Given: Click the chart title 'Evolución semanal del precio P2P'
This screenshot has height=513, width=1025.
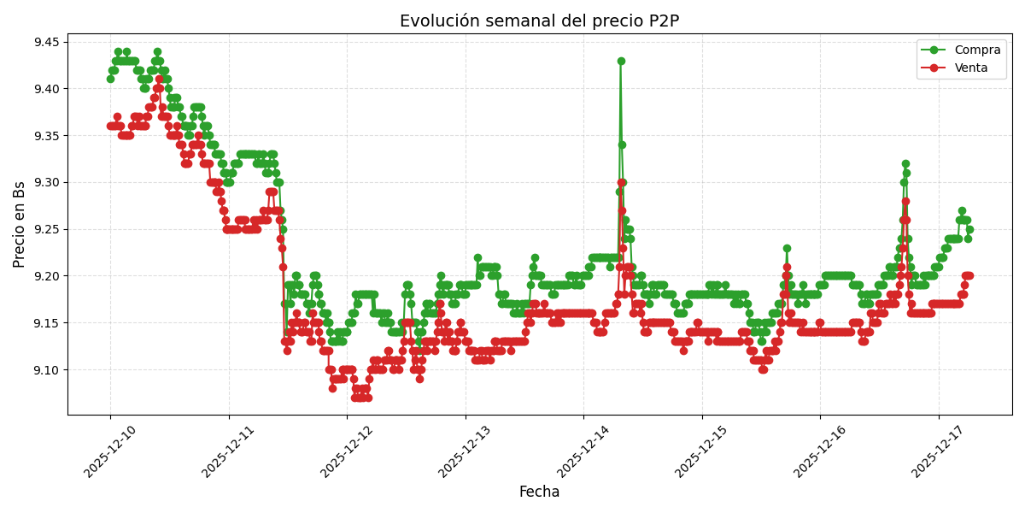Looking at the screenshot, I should (x=539, y=21).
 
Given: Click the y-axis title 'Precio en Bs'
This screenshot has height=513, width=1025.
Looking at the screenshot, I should (x=20, y=224).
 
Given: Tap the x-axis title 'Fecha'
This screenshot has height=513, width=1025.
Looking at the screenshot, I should (x=539, y=492).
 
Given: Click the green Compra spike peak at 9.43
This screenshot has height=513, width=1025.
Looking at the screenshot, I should (x=621, y=61).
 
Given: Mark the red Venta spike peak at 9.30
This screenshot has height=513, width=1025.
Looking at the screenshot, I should (x=621, y=182).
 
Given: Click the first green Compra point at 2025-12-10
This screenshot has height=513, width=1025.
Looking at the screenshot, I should (x=110, y=79).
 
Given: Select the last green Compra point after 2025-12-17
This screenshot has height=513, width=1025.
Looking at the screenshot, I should (x=969, y=229).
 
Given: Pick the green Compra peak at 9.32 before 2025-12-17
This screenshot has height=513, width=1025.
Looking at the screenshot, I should (x=905, y=163).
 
